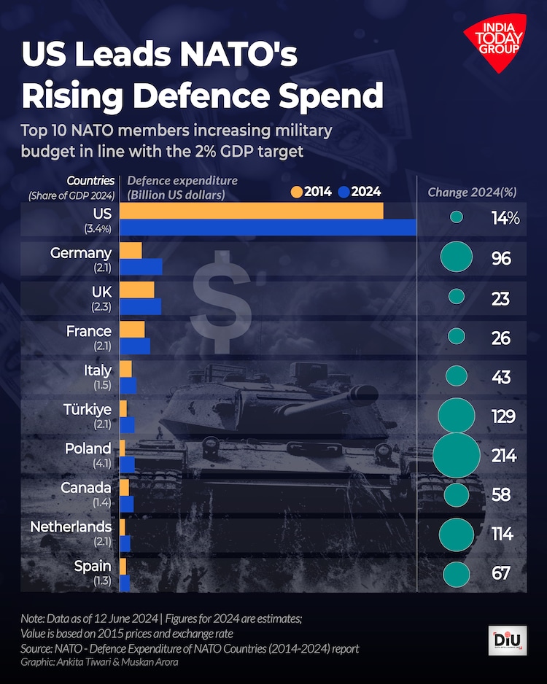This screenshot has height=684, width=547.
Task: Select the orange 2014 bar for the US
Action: (x=251, y=211)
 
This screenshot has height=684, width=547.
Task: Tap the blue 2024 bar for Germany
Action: (x=141, y=266)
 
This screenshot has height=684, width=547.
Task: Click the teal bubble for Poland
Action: (x=457, y=455)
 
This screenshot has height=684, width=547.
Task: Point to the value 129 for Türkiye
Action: (x=502, y=416)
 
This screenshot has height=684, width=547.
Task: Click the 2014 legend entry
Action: (x=311, y=192)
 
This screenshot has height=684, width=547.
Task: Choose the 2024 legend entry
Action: (x=360, y=192)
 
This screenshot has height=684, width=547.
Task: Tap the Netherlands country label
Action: (x=71, y=526)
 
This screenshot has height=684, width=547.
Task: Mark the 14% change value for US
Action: (x=505, y=217)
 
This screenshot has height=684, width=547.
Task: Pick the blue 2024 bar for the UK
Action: (x=140, y=306)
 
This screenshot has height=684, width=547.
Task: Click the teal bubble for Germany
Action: (x=457, y=257)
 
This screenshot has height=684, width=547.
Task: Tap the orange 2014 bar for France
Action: (x=132, y=329)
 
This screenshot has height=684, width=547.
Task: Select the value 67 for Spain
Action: (x=501, y=573)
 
